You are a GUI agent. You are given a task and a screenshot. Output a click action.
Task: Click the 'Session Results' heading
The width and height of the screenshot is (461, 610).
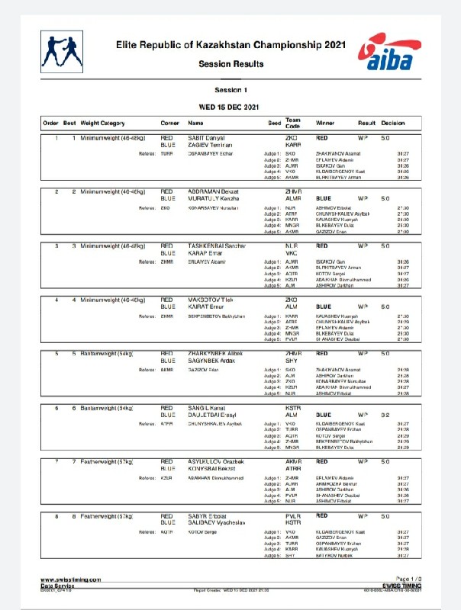click(x=230, y=64)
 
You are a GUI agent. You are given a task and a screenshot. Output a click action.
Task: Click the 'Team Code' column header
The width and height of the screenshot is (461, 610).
click(x=293, y=122)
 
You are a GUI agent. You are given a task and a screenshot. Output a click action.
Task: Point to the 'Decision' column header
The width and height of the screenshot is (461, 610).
click(x=393, y=122)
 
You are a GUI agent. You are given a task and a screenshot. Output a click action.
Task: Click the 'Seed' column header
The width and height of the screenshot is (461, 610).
click(x=274, y=122)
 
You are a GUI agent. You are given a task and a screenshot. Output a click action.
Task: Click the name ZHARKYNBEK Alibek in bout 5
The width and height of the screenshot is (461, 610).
click(x=215, y=354)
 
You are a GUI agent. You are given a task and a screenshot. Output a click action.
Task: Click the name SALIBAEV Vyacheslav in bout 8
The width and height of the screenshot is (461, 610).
click(x=218, y=522)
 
